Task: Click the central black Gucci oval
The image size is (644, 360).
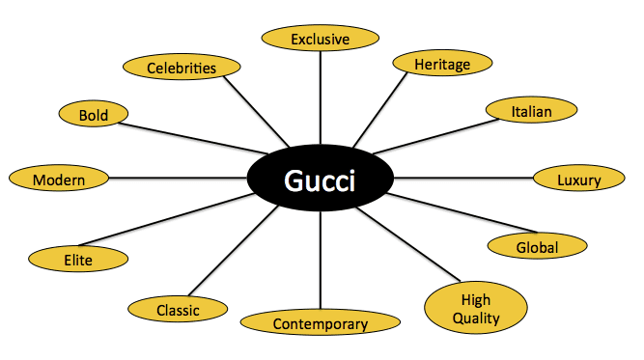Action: [320, 180]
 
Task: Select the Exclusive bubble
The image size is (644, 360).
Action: [320, 39]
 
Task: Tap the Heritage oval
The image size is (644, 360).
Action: [441, 64]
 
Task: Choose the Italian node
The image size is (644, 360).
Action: [531, 112]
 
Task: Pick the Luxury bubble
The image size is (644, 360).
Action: [578, 180]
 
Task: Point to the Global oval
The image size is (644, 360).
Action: [537, 247]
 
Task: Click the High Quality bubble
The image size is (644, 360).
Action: [475, 307]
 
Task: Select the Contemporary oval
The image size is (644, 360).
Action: [320, 323]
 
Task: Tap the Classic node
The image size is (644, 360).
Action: [178, 310]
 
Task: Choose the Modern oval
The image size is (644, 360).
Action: [59, 180]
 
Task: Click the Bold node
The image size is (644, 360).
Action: [95, 115]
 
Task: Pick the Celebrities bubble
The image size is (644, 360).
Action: [181, 68]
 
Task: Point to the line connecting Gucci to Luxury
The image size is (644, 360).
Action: [463, 179]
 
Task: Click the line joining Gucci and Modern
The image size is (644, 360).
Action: [179, 179]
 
